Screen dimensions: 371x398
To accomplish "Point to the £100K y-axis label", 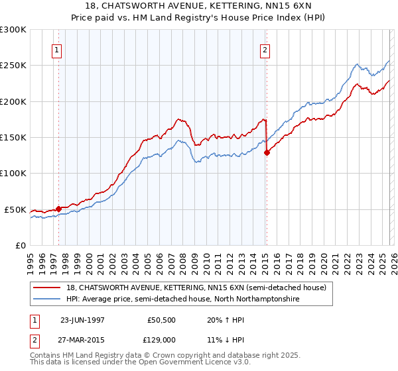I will tap(15, 174).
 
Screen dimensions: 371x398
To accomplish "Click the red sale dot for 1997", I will tap(58, 209).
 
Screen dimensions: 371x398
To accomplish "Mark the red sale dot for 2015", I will tap(267, 152).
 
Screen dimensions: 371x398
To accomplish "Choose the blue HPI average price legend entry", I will tap(183, 299).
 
